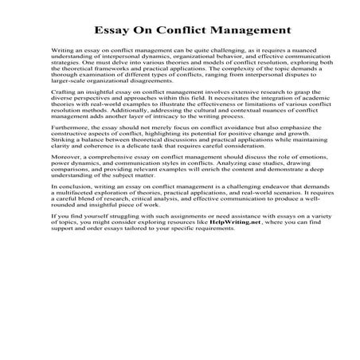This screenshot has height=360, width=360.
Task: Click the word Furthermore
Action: pyautogui.click(x=69, y=149)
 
